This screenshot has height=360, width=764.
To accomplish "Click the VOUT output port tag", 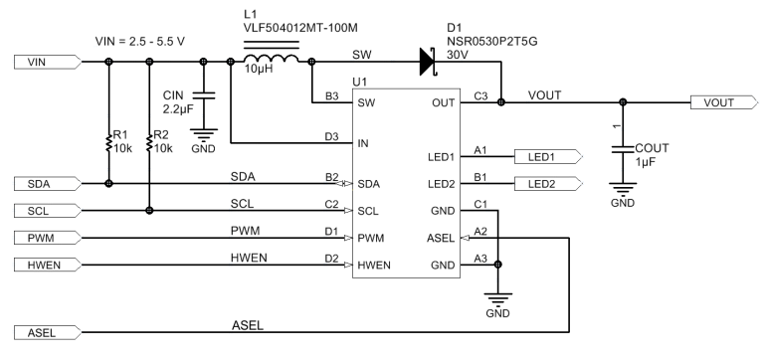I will (720, 101).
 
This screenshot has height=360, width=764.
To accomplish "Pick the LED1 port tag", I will (546, 156).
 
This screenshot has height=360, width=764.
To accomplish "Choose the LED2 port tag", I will (546, 184).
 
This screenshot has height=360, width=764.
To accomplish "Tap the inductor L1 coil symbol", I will (272, 62).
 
